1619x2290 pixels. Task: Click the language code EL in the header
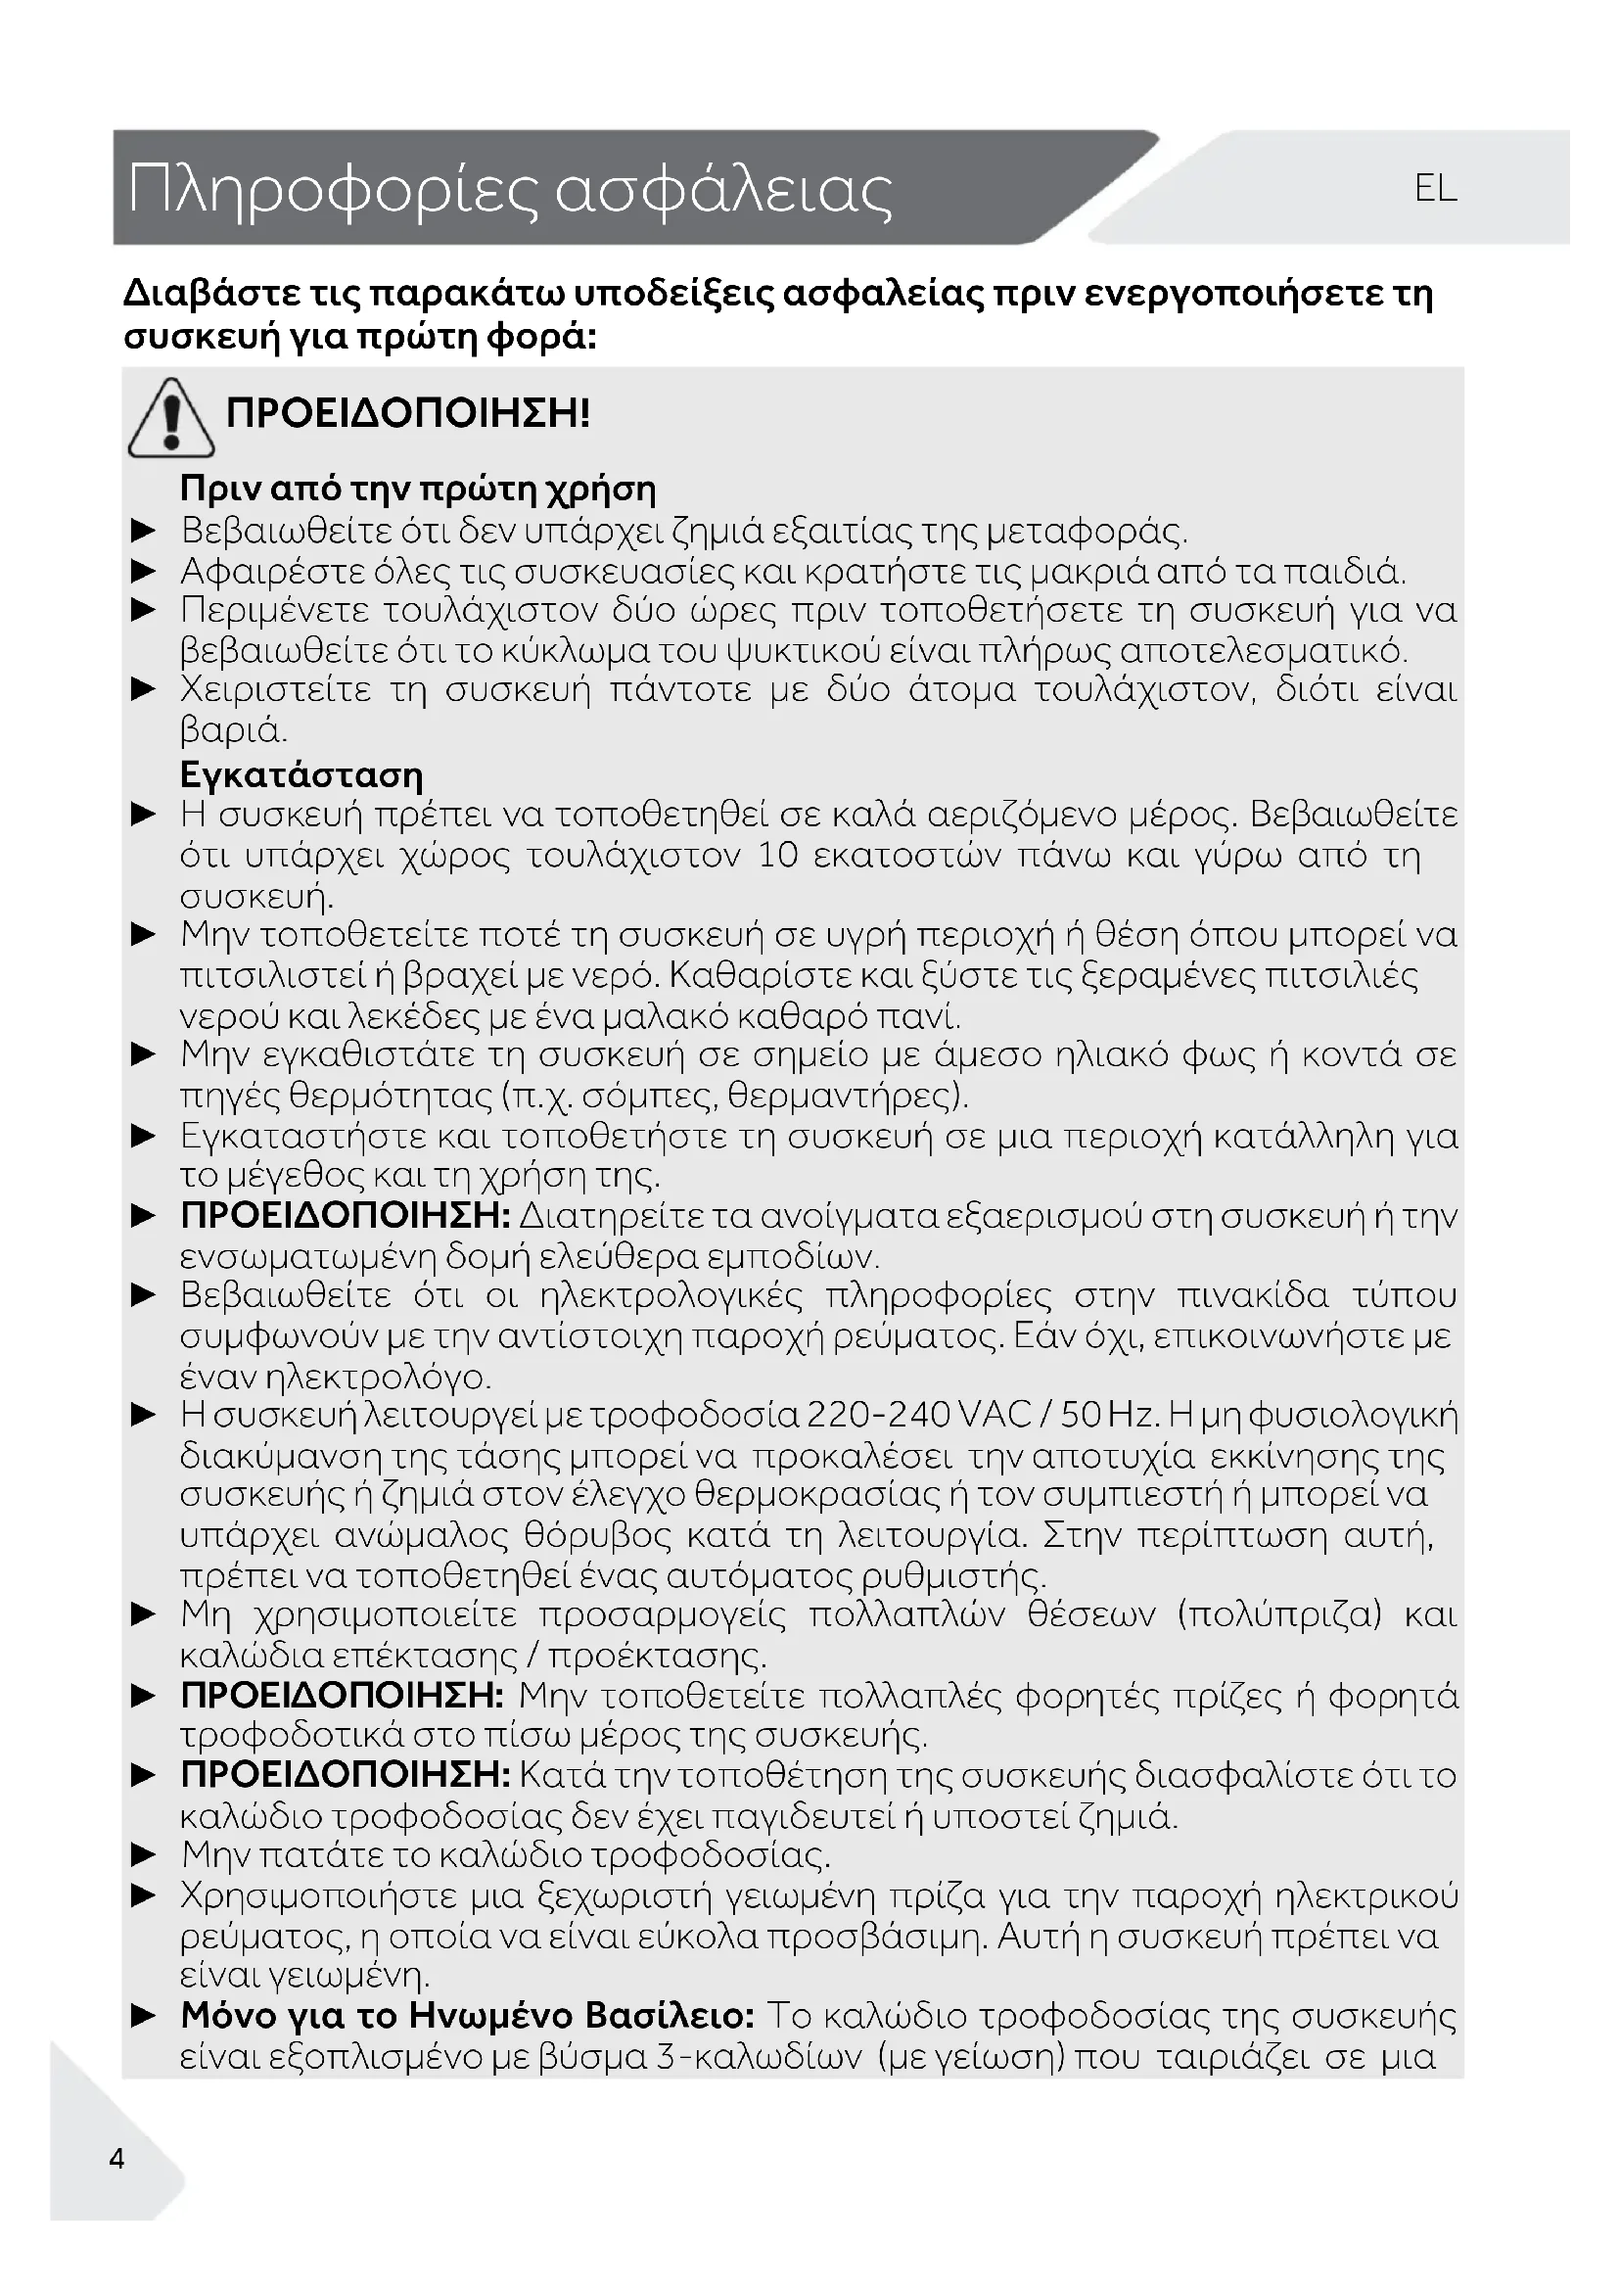click(x=1435, y=188)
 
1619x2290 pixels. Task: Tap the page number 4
click(x=116, y=2159)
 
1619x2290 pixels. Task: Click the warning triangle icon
click(x=170, y=419)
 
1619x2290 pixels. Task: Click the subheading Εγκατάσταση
click(x=301, y=775)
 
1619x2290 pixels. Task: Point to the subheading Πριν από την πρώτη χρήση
click(x=418, y=489)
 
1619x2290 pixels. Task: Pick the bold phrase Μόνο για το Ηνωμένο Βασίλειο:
click(x=467, y=2016)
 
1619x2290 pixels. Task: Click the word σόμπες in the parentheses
click(x=643, y=1097)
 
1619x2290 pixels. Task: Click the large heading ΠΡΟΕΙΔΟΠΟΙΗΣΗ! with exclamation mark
click(x=408, y=412)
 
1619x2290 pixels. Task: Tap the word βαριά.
click(x=233, y=731)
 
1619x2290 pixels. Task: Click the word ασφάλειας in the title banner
click(x=722, y=190)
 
